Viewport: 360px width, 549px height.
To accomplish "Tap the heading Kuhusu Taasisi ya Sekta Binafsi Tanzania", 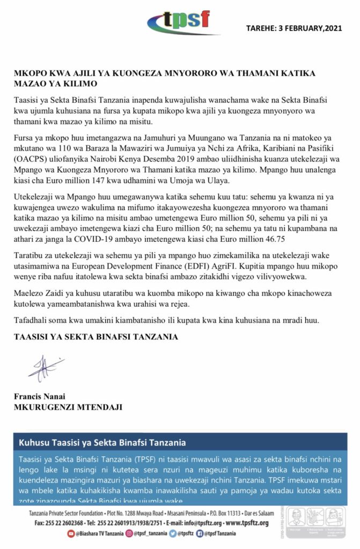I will click(x=102, y=443).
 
